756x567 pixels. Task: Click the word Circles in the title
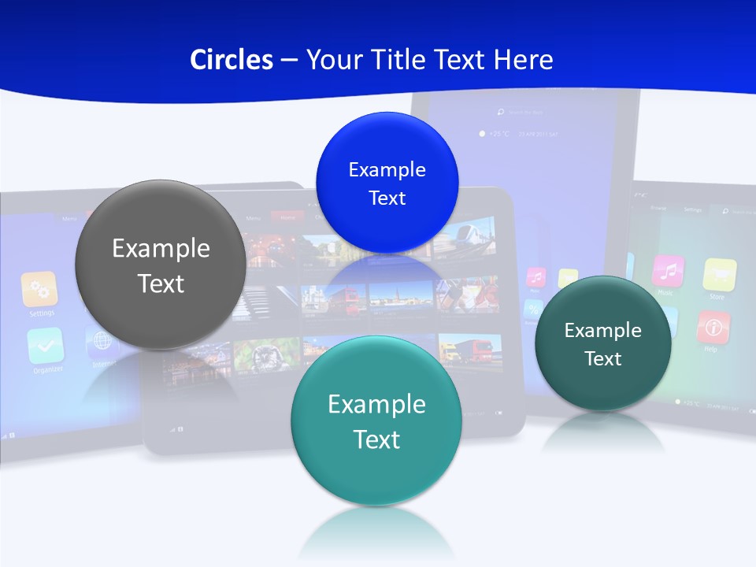(231, 60)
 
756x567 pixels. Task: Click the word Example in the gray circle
(161, 249)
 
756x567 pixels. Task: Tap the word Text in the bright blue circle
(387, 198)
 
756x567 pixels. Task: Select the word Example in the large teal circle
(376, 405)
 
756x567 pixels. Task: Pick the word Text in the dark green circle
(603, 359)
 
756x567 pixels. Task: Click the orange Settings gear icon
(39, 290)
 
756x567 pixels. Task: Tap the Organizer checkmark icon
(45, 345)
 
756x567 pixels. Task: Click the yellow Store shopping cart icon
(719, 274)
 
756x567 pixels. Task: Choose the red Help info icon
(713, 327)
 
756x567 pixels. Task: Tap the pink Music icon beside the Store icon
(668, 271)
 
